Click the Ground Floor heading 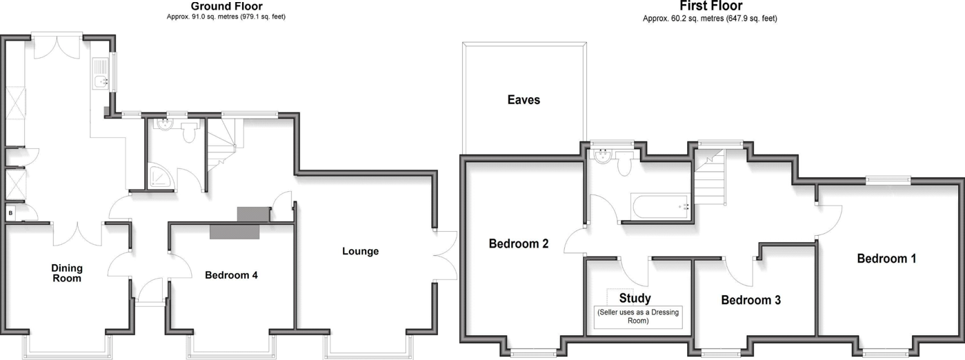(226, 6)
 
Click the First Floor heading (710, 6)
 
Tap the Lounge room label (360, 251)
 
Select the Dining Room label (66, 273)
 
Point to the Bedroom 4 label (231, 275)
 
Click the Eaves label (524, 100)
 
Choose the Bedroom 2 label (518, 243)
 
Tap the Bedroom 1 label (886, 259)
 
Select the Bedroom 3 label (750, 300)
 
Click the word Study (635, 299)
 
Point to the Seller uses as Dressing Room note (638, 317)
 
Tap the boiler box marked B (10, 214)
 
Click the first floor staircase (709, 179)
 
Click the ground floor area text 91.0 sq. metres (226, 17)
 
